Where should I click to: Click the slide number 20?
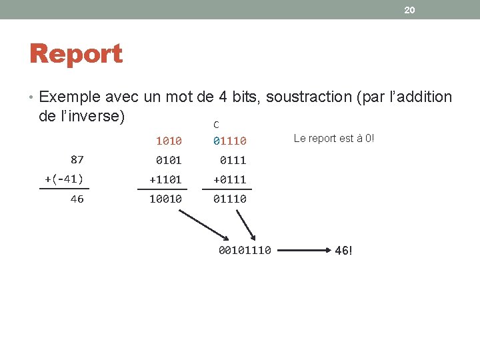409,10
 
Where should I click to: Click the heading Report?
76,54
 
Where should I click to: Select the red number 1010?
169,141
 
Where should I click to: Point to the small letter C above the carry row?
216,125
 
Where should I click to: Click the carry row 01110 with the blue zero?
230,141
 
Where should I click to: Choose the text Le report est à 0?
334,138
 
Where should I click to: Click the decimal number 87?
77,159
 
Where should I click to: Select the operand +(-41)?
64,179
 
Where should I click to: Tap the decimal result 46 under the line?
77,199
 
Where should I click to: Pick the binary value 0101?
169,160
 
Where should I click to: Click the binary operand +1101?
165,179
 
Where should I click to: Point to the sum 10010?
165,199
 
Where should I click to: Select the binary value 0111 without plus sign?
233,160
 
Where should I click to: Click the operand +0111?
230,179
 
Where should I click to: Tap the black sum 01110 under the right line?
230,199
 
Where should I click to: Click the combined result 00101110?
245,251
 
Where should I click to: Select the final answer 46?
343,251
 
